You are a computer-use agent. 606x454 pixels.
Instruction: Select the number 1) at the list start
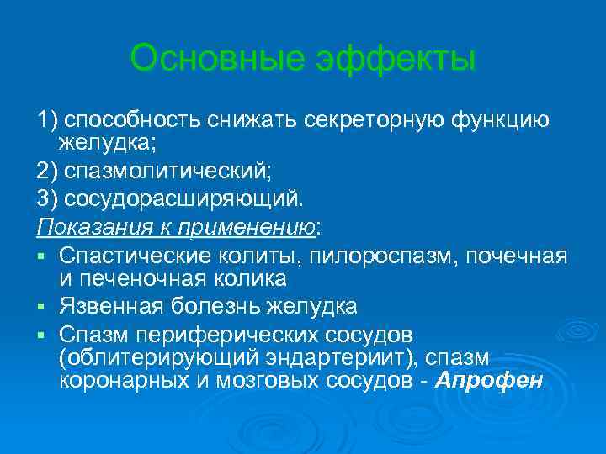coord(47,120)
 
